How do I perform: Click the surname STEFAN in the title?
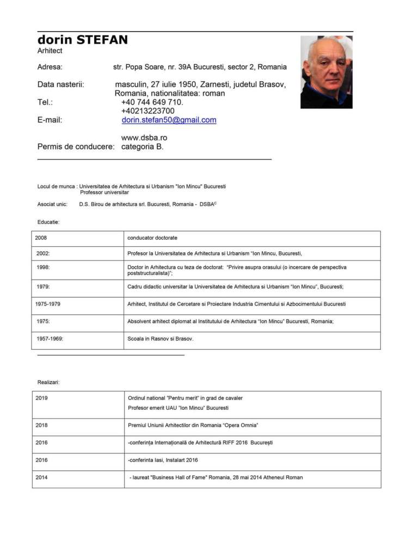click(x=102, y=40)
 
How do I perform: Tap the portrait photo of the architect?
click(x=326, y=72)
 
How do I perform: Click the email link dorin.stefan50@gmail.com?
click(x=169, y=120)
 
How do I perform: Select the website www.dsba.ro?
click(x=144, y=138)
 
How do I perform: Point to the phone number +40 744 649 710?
click(x=152, y=102)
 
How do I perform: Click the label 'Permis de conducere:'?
click(x=76, y=147)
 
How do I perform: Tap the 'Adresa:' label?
click(x=50, y=67)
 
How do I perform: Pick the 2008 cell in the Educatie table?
click(x=41, y=238)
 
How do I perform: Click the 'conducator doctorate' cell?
click(x=152, y=238)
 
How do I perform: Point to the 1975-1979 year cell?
click(x=48, y=304)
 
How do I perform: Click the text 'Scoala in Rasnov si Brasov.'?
click(x=160, y=338)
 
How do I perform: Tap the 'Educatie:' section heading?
click(x=48, y=222)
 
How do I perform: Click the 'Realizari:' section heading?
click(x=48, y=382)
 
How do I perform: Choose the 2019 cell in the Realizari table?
click(x=41, y=398)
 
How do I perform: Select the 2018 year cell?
click(x=41, y=425)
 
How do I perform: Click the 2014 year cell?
click(x=41, y=477)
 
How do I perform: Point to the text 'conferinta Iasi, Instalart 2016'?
click(x=163, y=460)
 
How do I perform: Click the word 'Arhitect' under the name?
click(x=50, y=51)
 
